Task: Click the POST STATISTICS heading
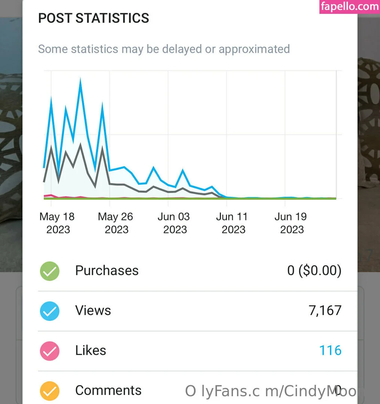coord(94,18)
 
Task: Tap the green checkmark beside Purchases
coord(50,271)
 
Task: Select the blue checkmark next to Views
coord(50,311)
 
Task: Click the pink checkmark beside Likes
coord(50,351)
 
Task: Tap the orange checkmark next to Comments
coord(50,391)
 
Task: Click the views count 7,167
coord(325,310)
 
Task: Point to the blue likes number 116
coord(330,351)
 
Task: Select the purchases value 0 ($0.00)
coord(314,270)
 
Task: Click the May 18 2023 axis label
coord(57,223)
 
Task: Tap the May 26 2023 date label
coord(116,223)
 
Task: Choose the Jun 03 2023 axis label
coord(174,223)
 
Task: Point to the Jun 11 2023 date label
coord(232,223)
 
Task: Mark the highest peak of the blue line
coord(80,80)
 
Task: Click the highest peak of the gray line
coord(80,145)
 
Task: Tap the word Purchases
coord(107,270)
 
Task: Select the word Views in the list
coord(93,310)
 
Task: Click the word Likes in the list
coord(91,351)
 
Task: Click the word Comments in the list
coord(108,391)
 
